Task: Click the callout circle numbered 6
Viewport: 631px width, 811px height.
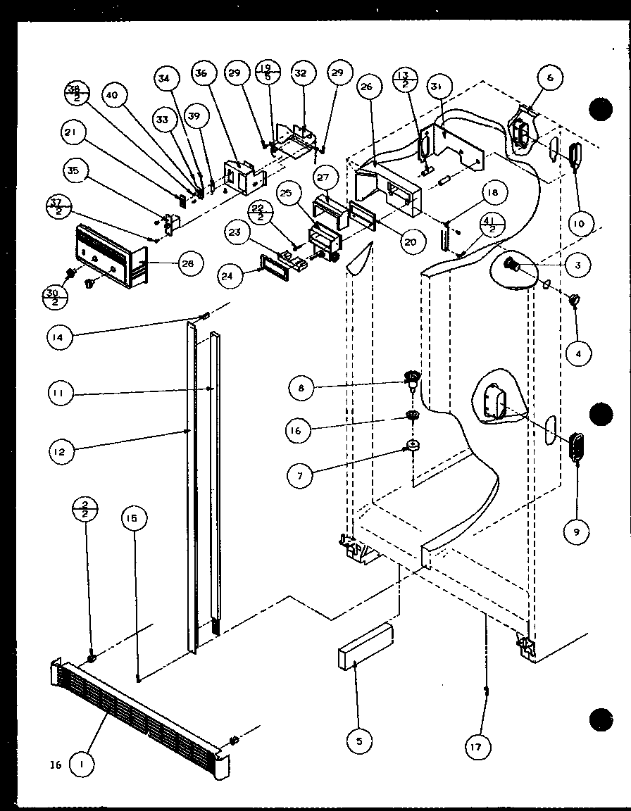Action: click(550, 78)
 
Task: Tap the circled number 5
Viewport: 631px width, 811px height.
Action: click(360, 740)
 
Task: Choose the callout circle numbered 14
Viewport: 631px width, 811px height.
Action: click(61, 338)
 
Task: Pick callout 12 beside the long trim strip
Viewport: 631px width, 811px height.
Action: click(61, 452)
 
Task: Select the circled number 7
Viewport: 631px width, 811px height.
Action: click(301, 476)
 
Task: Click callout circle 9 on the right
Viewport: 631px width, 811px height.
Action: click(577, 532)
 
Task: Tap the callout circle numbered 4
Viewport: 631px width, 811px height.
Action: click(578, 355)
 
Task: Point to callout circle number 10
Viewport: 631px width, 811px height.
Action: click(578, 225)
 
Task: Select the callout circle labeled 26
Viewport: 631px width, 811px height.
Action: click(366, 87)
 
